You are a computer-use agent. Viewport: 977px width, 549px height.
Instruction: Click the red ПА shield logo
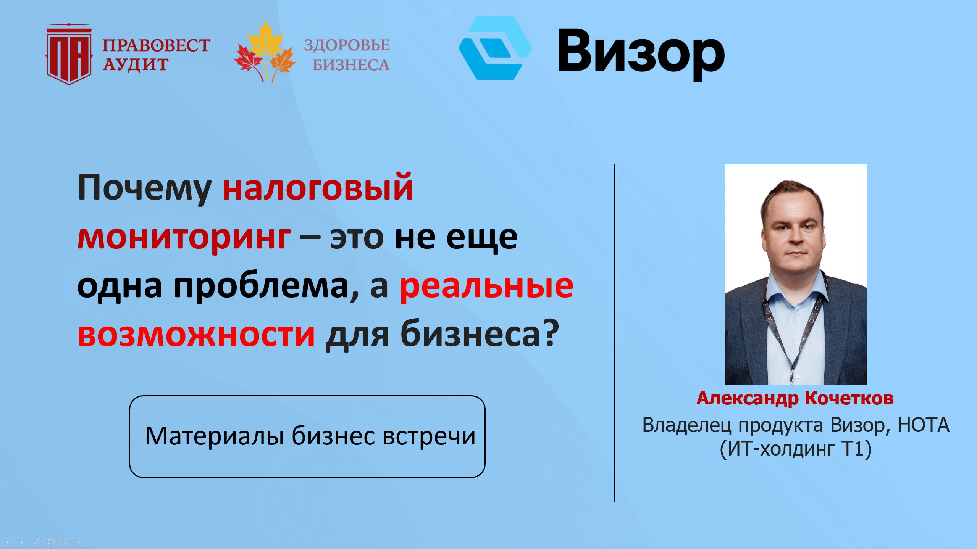pyautogui.click(x=69, y=55)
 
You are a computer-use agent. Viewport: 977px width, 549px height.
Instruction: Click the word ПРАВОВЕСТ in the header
pyautogui.click(x=156, y=45)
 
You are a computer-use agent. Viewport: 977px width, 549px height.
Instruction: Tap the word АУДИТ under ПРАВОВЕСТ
pyautogui.click(x=135, y=64)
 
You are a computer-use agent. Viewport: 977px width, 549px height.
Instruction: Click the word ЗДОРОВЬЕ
pyautogui.click(x=347, y=45)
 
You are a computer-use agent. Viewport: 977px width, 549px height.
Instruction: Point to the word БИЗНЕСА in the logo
pyautogui.click(x=351, y=65)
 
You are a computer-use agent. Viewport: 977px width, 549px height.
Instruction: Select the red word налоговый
pyautogui.click(x=318, y=188)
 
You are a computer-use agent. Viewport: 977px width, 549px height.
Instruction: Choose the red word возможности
pyautogui.click(x=196, y=335)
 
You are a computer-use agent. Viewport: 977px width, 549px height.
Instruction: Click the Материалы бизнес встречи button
pyautogui.click(x=307, y=436)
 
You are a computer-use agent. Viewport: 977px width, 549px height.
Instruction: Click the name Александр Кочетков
pyautogui.click(x=795, y=398)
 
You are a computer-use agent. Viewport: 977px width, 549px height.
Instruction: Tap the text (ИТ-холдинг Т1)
pyautogui.click(x=796, y=449)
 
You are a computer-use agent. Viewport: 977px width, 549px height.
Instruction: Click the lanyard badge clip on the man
pyautogui.click(x=793, y=376)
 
